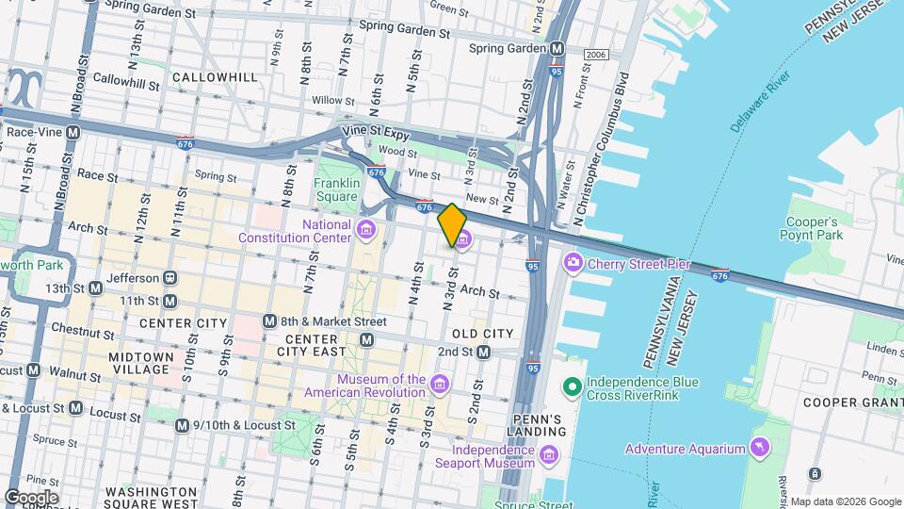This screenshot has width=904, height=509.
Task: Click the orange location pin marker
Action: (452, 223)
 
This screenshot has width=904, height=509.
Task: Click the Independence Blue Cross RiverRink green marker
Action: (572, 387)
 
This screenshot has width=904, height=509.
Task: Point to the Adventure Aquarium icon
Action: (759, 448)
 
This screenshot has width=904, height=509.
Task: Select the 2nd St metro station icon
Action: (484, 352)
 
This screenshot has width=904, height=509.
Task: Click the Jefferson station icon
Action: (170, 278)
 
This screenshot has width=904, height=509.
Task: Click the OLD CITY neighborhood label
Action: (483, 334)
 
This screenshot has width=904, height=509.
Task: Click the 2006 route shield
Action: (595, 54)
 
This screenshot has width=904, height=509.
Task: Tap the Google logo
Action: (31, 497)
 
